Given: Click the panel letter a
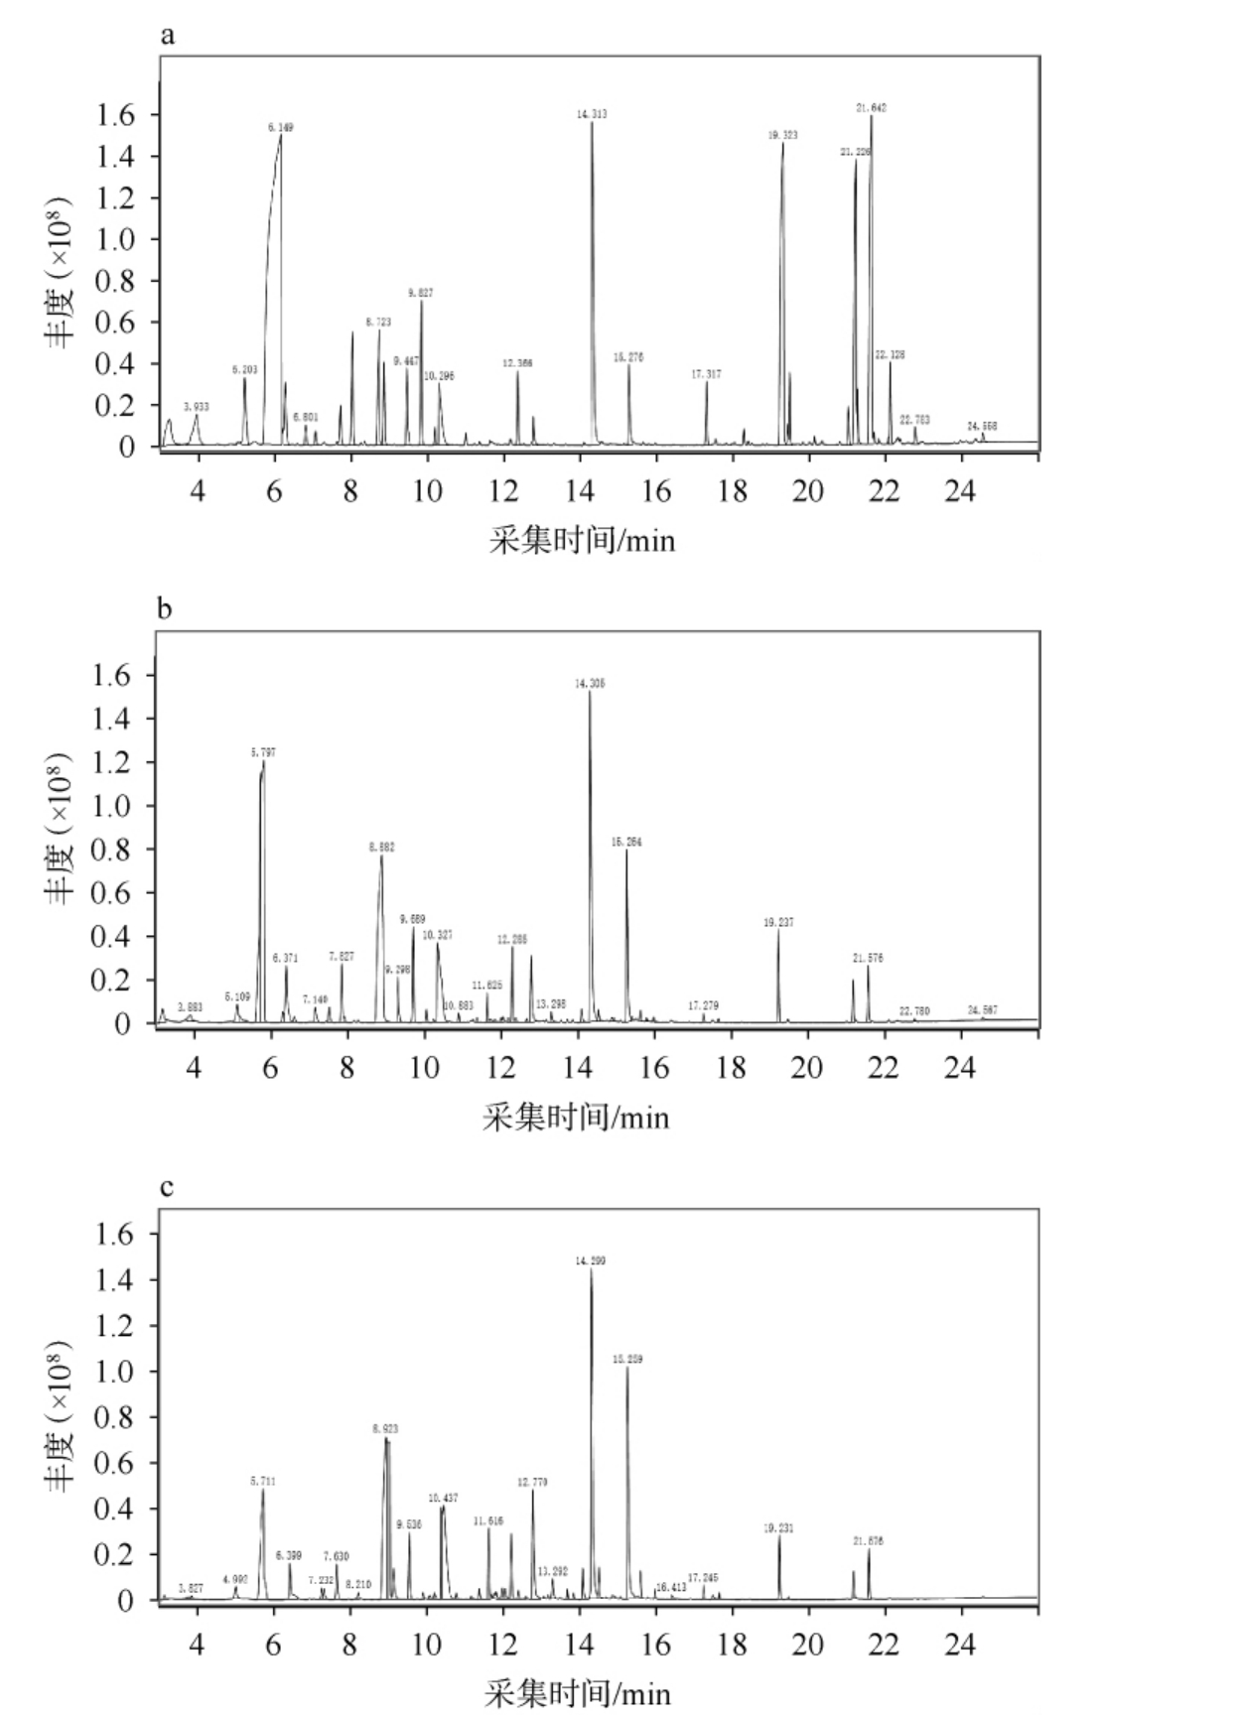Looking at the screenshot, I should pyautogui.click(x=168, y=37).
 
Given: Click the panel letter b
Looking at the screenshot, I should pyautogui.click(x=165, y=608).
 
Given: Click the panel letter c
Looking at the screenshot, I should pyautogui.click(x=167, y=1186).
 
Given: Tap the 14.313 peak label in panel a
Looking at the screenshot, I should pyautogui.click(x=592, y=114).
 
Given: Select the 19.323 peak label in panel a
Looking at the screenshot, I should pyautogui.click(x=782, y=135).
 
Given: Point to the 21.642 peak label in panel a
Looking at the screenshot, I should pyautogui.click(x=871, y=107).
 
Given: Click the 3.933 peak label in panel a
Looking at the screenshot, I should pyautogui.click(x=197, y=407).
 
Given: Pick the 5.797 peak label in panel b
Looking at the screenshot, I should pyautogui.click(x=263, y=753).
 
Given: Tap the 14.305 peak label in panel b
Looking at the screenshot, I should pyautogui.click(x=590, y=684).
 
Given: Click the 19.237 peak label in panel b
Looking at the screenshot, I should pyautogui.click(x=778, y=923).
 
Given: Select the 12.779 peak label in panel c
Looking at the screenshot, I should pyautogui.click(x=532, y=1482).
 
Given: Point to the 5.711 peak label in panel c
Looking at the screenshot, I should pyautogui.click(x=262, y=1481).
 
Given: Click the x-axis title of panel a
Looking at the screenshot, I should pyautogui.click(x=582, y=541).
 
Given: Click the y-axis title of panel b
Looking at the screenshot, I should pyautogui.click(x=60, y=828).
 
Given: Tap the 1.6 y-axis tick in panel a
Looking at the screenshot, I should pyautogui.click(x=115, y=115).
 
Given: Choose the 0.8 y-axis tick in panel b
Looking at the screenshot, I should pyautogui.click(x=111, y=850).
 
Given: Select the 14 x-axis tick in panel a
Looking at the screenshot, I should pyautogui.click(x=580, y=491).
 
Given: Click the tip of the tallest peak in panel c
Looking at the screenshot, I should pyautogui.click(x=591, y=1269).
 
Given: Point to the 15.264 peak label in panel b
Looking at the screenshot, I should pyautogui.click(x=626, y=842).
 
